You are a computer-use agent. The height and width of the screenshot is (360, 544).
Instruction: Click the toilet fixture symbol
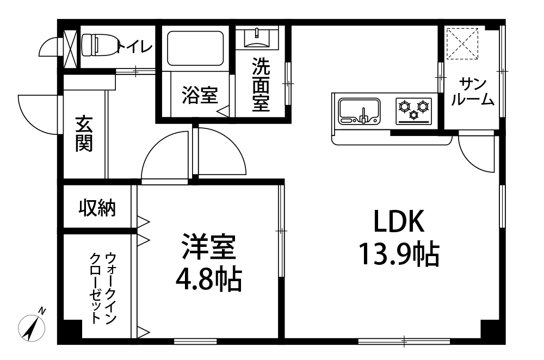tap(99, 45)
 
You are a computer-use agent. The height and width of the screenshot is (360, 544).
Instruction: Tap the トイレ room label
tap(135, 47)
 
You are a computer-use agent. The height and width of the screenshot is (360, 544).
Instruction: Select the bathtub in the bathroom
tap(195, 48)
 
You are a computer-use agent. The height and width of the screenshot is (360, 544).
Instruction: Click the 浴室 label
tap(200, 95)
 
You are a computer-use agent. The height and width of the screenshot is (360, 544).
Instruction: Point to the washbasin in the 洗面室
tap(257, 38)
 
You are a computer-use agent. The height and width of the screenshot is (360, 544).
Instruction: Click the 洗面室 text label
tap(261, 84)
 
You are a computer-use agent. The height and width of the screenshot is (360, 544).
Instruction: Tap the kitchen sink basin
tap(360, 111)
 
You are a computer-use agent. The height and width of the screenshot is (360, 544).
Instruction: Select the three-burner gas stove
tap(414, 111)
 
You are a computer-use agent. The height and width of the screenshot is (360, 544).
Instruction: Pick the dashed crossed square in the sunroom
tap(462, 44)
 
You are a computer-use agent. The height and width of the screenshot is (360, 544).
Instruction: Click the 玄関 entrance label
tap(84, 134)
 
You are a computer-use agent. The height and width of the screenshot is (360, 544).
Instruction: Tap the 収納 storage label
tap(97, 208)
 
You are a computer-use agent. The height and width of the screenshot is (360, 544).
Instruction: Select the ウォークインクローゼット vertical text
tap(103, 288)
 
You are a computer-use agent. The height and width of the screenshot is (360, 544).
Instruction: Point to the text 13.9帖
tap(399, 254)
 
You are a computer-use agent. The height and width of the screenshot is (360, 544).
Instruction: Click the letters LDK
tap(399, 221)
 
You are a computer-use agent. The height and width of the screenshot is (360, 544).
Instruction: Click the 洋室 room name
tap(209, 246)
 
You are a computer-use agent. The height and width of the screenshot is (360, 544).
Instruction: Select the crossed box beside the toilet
tap(70, 49)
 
